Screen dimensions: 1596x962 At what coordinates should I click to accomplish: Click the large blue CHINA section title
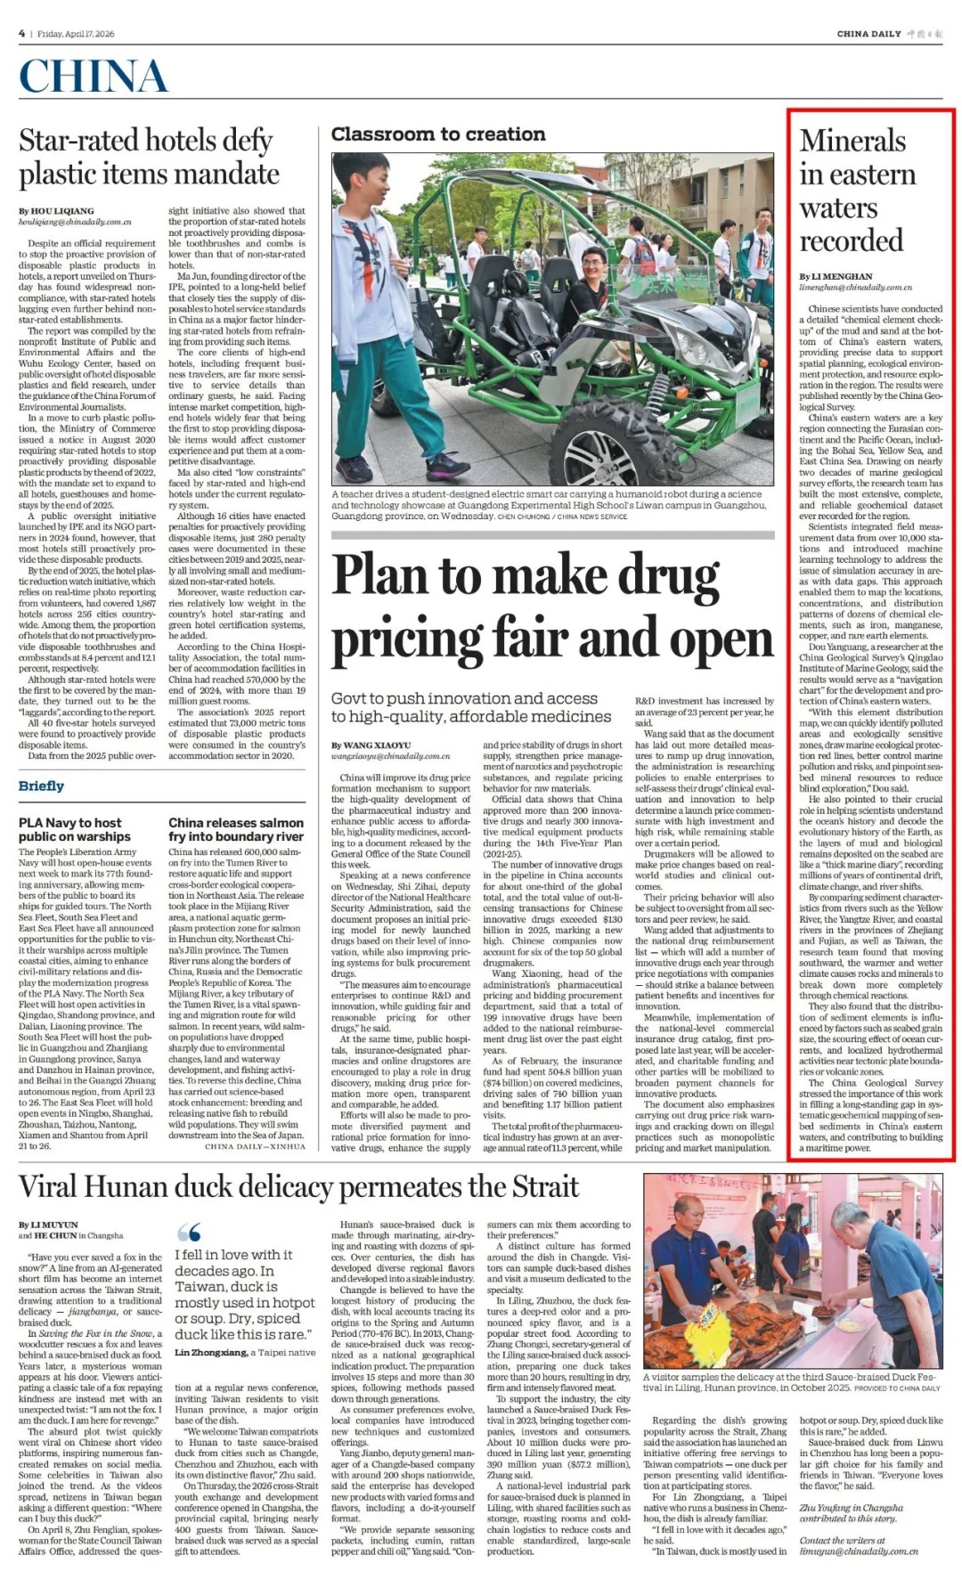pyautogui.click(x=93, y=77)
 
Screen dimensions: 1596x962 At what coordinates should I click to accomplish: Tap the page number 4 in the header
pyautogui.click(x=21, y=34)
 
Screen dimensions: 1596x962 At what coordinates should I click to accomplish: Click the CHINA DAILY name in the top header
pyautogui.click(x=868, y=34)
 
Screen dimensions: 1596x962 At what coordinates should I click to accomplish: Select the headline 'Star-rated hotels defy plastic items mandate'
pyautogui.click(x=149, y=157)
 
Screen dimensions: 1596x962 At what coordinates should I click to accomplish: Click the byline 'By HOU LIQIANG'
pyautogui.click(x=56, y=211)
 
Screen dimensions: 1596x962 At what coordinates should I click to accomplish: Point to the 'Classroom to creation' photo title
pyautogui.click(x=437, y=134)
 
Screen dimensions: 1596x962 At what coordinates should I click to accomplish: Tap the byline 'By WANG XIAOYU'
pyautogui.click(x=371, y=745)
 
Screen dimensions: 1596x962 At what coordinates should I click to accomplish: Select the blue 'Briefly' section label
pyautogui.click(x=41, y=786)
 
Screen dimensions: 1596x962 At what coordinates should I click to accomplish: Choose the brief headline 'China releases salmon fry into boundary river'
pyautogui.click(x=236, y=829)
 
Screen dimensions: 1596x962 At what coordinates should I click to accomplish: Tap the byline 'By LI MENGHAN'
pyautogui.click(x=836, y=276)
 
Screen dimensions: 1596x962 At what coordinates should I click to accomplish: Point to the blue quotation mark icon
pyautogui.click(x=188, y=1233)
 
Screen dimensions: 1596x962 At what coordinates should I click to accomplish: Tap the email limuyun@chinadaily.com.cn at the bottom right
pyautogui.click(x=858, y=1551)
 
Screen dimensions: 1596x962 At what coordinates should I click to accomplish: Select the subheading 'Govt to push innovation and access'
pyautogui.click(x=464, y=698)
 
